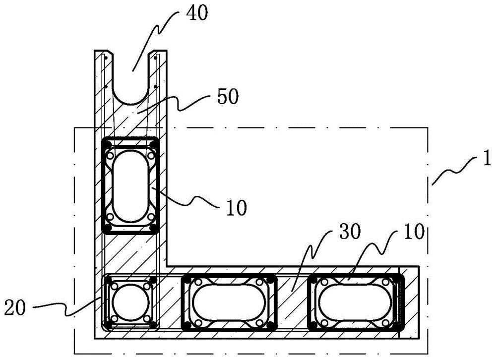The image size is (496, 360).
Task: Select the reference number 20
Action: [15, 307]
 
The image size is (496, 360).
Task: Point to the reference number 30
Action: [350, 232]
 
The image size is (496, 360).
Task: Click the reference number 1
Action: [488, 158]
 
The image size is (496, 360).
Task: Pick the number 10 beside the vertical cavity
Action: [236, 208]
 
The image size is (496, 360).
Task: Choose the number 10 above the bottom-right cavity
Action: [413, 232]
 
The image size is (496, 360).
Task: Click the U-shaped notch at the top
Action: [131, 77]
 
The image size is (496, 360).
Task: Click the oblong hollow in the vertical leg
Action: [130, 186]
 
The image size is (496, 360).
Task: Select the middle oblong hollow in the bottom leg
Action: [228, 302]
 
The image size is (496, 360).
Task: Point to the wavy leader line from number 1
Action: [454, 171]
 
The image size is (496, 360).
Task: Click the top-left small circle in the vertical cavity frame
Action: [111, 156]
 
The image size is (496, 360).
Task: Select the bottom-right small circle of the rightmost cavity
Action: [385, 323]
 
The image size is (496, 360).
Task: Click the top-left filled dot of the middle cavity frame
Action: [186, 280]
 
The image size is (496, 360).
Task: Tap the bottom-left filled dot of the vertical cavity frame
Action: [108, 228]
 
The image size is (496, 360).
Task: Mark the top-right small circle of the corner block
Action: [147, 286]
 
